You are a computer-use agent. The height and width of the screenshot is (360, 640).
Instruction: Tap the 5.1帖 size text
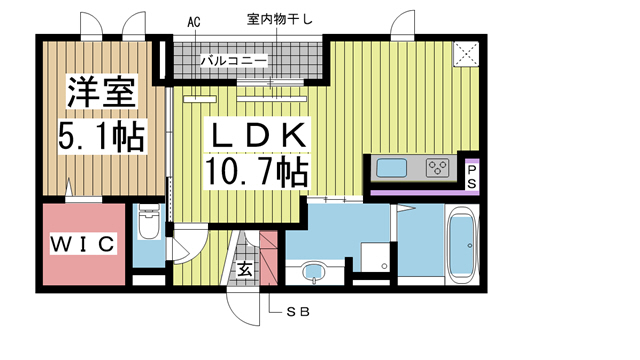tap(100, 137)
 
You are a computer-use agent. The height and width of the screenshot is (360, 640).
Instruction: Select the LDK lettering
tap(257, 133)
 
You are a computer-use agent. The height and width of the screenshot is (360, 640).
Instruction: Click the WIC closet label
tap(84, 243)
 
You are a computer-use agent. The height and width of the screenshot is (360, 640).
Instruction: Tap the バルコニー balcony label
tap(233, 62)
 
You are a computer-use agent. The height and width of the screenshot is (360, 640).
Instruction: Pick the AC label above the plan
tap(193, 21)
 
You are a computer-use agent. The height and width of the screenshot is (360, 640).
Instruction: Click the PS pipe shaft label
tap(472, 177)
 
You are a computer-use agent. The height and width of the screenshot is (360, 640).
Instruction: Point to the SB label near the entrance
tap(298, 312)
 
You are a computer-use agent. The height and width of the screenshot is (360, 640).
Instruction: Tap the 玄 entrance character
tap(245, 268)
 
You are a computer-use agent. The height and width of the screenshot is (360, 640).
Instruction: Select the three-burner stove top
tap(438, 167)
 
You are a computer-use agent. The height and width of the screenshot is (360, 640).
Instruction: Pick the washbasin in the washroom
tap(312, 270)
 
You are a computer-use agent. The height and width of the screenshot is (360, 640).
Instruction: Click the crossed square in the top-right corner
tap(465, 54)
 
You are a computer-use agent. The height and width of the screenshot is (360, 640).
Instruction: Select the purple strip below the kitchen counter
tap(416, 189)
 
